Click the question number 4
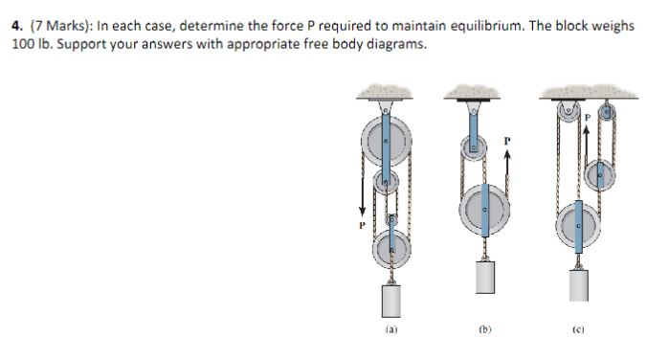[16, 26]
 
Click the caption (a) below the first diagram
[391, 329]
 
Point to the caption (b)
[485, 329]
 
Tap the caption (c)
[578, 329]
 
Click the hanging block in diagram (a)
[391, 301]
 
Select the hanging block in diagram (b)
[485, 277]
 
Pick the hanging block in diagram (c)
[578, 285]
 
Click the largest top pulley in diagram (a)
[387, 141]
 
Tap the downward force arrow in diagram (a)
[362, 195]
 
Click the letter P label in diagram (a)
[362, 225]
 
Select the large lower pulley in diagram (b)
[484, 210]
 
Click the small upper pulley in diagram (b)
[474, 148]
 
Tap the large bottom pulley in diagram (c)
[578, 226]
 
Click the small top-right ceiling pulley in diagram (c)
[607, 113]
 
